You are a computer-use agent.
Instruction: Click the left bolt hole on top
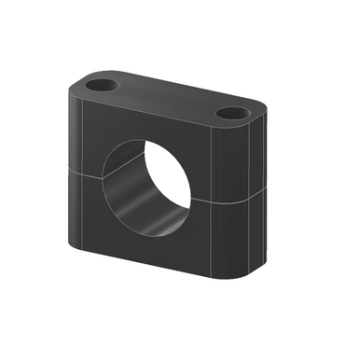coord(102,85)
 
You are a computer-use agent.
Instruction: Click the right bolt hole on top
coord(230,113)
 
